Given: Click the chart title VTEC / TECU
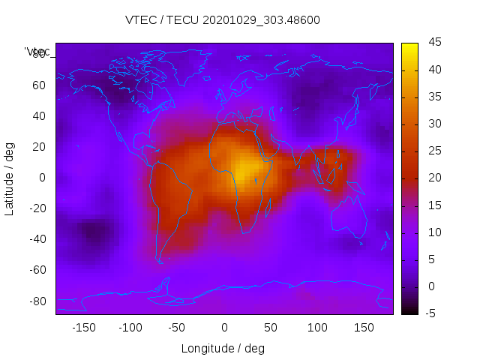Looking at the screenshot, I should pyautogui.click(x=222, y=20).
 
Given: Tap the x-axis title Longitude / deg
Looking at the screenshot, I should pyautogui.click(x=223, y=348).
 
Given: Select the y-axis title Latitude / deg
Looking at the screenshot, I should pyautogui.click(x=10, y=178).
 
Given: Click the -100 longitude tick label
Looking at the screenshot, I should pyautogui.click(x=130, y=327).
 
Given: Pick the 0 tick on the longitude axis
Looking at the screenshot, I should pyautogui.click(x=223, y=327).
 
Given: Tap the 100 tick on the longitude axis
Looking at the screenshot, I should pyautogui.click(x=317, y=327).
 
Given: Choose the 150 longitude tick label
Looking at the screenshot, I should pyautogui.click(x=364, y=327).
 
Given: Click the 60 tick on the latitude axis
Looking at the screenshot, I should pyautogui.click(x=39, y=85).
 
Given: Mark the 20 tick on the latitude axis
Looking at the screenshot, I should pyautogui.click(x=39, y=146).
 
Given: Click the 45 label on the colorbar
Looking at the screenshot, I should pyautogui.click(x=434, y=43).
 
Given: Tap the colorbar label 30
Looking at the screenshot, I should pyautogui.click(x=434, y=124).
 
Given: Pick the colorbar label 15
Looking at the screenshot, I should pyautogui.click(x=434, y=205).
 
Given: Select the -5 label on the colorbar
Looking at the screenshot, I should pyautogui.click(x=433, y=313).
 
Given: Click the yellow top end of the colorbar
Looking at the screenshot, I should pyautogui.click(x=409, y=47).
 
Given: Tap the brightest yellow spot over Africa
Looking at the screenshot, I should pyautogui.click(x=244, y=167).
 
